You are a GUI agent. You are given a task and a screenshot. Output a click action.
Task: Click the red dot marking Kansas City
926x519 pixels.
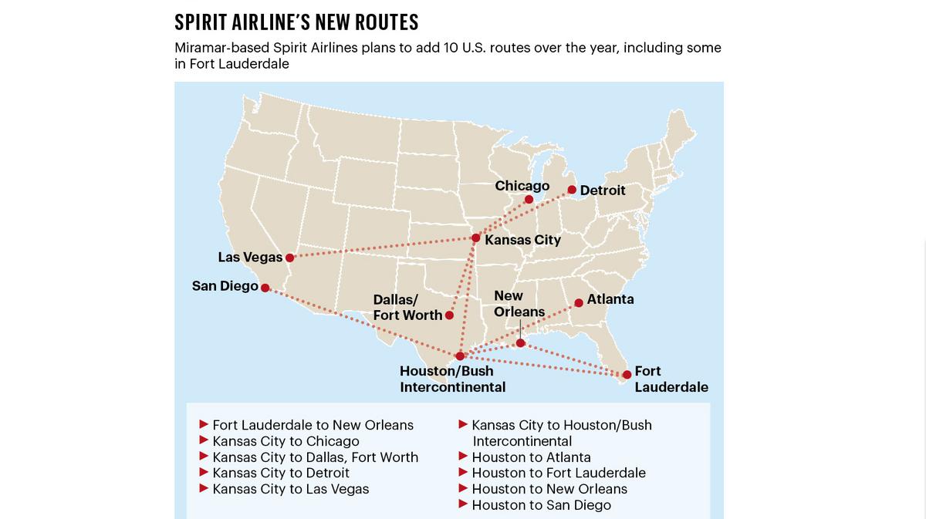[476, 238]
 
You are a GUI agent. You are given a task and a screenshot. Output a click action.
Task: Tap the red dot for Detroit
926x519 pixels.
[572, 190]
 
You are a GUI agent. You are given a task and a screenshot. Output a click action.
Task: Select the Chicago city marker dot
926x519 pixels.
[529, 200]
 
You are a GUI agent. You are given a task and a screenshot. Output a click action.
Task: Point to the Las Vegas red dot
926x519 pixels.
[289, 258]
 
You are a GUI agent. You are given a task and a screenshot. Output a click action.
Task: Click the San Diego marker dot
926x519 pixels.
[265, 288]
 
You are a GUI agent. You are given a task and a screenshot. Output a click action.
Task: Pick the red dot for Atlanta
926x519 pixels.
[579, 303]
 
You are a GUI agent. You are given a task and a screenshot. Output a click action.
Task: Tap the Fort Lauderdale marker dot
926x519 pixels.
[626, 376]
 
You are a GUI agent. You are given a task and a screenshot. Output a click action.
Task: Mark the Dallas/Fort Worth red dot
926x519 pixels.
[449, 315]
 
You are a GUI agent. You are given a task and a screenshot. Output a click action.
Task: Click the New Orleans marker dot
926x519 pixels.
[521, 343]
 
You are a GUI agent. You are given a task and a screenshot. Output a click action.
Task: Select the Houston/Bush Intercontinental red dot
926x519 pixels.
[460, 356]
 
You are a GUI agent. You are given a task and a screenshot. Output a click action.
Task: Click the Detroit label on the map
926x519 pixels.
[603, 190]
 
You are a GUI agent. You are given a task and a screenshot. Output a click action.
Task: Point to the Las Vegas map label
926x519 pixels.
[250, 258]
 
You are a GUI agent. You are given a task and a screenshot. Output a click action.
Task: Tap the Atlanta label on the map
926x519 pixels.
[610, 299]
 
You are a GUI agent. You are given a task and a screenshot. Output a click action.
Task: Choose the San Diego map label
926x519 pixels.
[225, 286]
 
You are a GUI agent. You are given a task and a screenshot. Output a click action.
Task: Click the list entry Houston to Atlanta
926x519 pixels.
[531, 457]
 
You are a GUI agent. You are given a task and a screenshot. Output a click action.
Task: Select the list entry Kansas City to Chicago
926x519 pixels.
[286, 441]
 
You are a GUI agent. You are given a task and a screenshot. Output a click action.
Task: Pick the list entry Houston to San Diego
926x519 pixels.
[541, 505]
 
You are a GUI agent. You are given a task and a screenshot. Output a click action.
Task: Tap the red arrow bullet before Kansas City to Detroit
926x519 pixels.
[204, 473]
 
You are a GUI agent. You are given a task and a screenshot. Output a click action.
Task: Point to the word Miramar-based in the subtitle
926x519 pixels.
[222, 48]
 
